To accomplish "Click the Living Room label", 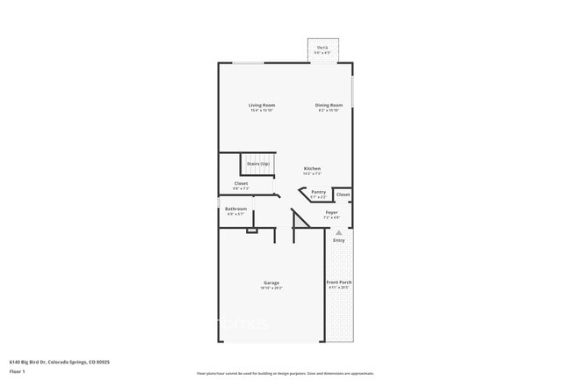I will tap(262, 106).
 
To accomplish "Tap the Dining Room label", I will tap(329, 106).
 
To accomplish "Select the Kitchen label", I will tap(312, 168).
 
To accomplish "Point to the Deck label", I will tap(322, 48).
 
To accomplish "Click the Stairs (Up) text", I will tap(258, 164).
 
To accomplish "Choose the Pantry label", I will tap(318, 191).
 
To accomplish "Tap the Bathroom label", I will tap(236, 209).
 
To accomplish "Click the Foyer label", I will tap(331, 212).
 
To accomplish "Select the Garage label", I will tap(271, 282).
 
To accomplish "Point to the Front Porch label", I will tap(339, 282).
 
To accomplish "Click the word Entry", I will tap(338, 240).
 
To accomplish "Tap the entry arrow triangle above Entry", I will tap(338, 232).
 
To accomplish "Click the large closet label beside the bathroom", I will tap(241, 183).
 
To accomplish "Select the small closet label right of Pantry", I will tap(343, 194).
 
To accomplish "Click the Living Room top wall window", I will tap(247, 62).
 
